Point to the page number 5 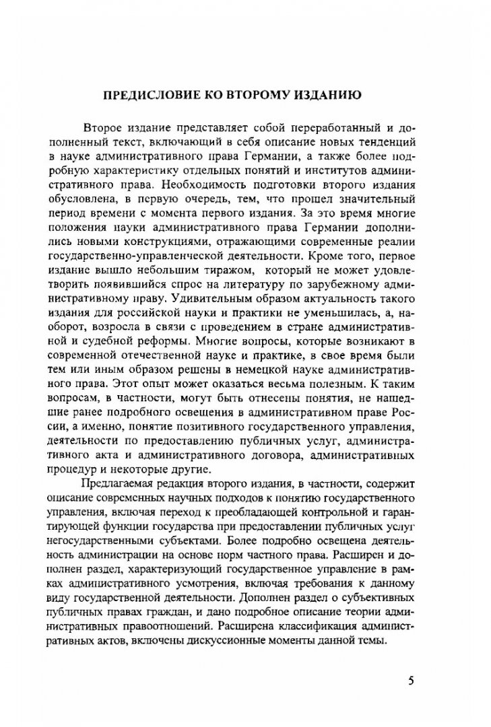tap(411, 680)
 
